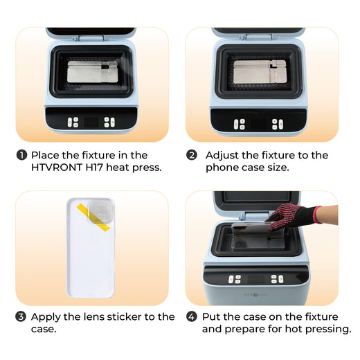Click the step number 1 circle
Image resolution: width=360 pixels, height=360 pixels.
[21, 155]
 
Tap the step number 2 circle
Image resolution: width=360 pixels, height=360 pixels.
[192, 155]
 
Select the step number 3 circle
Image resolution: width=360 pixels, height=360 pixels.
[21, 316]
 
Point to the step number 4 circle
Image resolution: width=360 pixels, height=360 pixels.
[192, 316]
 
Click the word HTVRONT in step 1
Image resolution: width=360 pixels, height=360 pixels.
[57, 168]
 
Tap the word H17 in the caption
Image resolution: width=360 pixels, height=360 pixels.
[94, 168]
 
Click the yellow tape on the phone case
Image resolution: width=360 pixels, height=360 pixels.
[93, 217]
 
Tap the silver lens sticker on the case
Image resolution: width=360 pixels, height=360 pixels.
[101, 212]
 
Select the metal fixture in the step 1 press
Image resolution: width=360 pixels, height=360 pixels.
[93, 71]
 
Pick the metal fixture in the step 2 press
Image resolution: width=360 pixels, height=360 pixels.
[260, 71]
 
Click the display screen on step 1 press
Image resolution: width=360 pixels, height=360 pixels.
[91, 123]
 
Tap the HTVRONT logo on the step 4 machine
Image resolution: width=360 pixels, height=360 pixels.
[255, 295]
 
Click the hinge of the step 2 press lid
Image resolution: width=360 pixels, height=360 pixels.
[258, 37]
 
